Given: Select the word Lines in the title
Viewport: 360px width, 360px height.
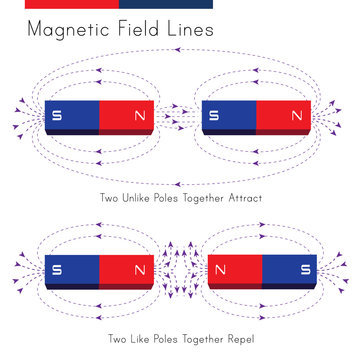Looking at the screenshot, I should [193, 30].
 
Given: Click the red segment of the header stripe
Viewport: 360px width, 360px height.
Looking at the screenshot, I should [70, 4].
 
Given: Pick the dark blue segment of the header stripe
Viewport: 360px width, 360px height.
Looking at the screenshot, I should [165, 4].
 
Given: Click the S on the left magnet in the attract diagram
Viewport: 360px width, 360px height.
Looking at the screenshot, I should [56, 116].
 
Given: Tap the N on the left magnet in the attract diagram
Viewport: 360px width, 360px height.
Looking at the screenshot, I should [139, 116].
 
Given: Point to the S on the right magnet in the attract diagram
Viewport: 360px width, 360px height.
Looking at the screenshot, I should [214, 116].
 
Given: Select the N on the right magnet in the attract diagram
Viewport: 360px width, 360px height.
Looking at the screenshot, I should [296, 116].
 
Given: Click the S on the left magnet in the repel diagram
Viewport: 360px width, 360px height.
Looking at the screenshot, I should [56, 269].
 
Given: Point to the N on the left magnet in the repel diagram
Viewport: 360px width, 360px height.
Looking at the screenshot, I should [139, 269].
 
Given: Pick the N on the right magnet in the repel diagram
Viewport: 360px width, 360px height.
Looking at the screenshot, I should [220, 269].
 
